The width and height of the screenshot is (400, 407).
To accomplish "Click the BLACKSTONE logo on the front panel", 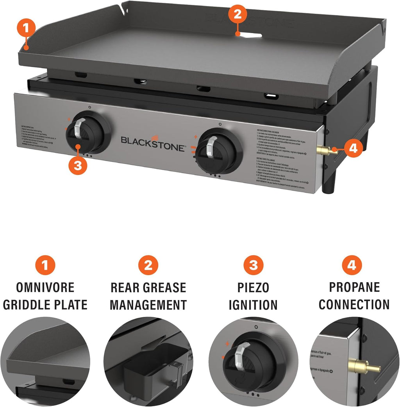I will pyautogui.click(x=153, y=140).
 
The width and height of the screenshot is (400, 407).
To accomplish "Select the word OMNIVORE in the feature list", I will pyautogui.click(x=45, y=288).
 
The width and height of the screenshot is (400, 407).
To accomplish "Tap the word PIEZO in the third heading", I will pyautogui.click(x=254, y=288).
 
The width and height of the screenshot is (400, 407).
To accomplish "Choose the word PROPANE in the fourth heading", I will pyautogui.click(x=354, y=287).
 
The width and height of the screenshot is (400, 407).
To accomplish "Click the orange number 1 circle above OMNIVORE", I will pyautogui.click(x=45, y=266).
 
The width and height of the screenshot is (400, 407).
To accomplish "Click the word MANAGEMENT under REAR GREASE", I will pyautogui.click(x=148, y=304).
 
